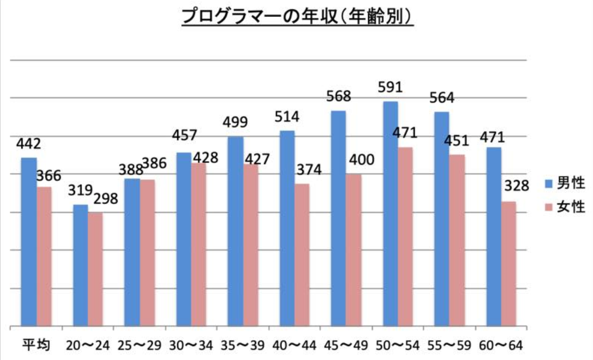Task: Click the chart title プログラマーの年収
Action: pyautogui.click(x=297, y=18)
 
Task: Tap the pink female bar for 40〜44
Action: pyautogui.click(x=301, y=255)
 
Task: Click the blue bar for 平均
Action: pyautogui.click(x=29, y=242)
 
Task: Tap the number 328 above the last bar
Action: pyautogui.click(x=515, y=187)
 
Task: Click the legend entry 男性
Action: pyautogui.click(x=571, y=183)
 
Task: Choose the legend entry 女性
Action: pyautogui.click(x=571, y=207)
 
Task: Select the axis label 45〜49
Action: pyautogui.click(x=347, y=345)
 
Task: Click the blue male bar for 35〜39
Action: pyautogui.click(x=236, y=232)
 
